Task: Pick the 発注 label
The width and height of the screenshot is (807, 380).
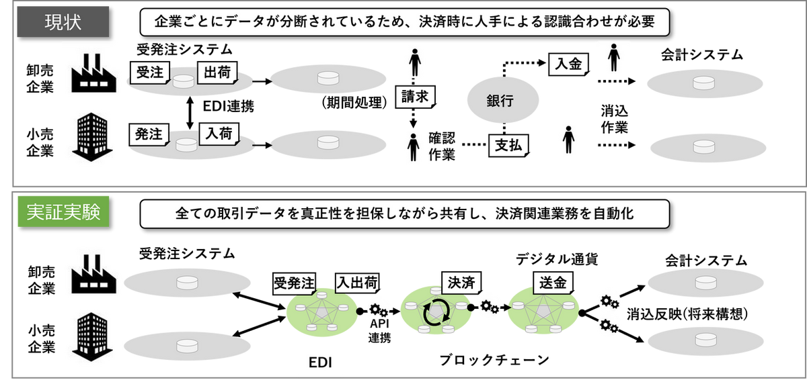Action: click(149, 134)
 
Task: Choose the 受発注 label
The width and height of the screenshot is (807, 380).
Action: click(294, 283)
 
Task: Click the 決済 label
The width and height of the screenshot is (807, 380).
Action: click(461, 283)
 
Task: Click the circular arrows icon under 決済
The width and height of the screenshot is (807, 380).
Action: click(433, 312)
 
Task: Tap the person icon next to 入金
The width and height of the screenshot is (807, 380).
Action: click(613, 58)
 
